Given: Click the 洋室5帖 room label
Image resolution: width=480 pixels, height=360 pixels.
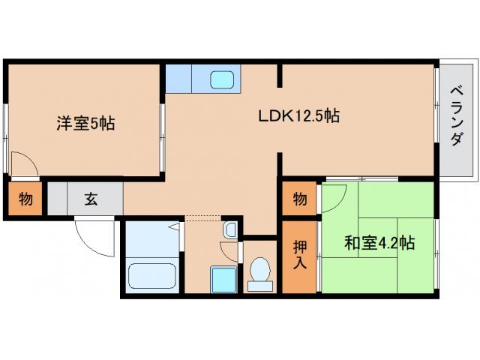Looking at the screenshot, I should pyautogui.click(x=85, y=124).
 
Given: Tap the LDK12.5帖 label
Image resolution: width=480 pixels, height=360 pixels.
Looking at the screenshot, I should pyautogui.click(x=298, y=116).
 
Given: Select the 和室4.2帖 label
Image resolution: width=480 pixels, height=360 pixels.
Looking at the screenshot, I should pyautogui.click(x=379, y=243).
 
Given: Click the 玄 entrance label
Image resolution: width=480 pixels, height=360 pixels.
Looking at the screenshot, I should pyautogui.click(x=90, y=199).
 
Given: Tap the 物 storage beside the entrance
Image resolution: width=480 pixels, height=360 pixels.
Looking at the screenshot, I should pyautogui.click(x=25, y=200).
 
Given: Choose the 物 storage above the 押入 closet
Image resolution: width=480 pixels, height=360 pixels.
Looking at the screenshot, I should pyautogui.click(x=299, y=199).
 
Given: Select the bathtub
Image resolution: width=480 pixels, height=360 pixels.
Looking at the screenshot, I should pyautogui.click(x=151, y=276).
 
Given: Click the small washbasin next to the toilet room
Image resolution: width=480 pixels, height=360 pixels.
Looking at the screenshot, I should pyautogui.click(x=230, y=229).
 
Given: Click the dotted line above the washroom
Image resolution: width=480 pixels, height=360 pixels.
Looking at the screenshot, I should pyautogui.click(x=204, y=218).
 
